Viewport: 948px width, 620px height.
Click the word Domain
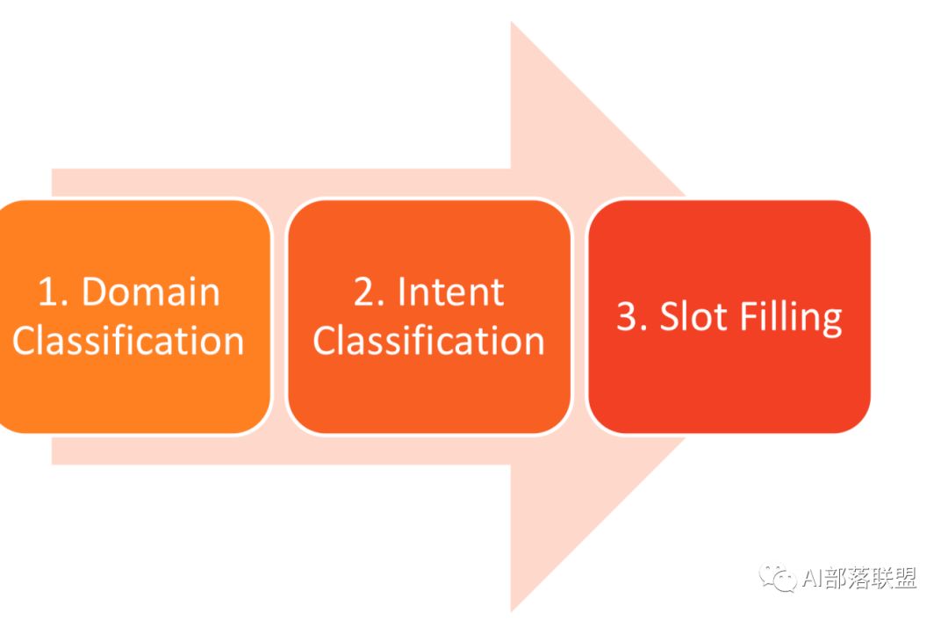click(x=151, y=292)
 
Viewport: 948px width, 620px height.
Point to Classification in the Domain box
click(x=128, y=341)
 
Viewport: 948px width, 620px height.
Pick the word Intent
click(x=451, y=292)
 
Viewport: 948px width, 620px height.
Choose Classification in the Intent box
click(x=428, y=341)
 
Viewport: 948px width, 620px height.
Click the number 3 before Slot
click(x=628, y=317)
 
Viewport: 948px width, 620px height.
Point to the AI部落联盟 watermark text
click(x=859, y=578)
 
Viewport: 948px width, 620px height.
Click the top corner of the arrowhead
click(x=512, y=24)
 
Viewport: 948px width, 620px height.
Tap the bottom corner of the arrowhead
click(x=512, y=608)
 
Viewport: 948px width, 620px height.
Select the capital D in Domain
click(x=96, y=292)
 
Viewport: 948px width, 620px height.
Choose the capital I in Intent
click(x=403, y=292)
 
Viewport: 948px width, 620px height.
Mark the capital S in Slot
click(x=670, y=317)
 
